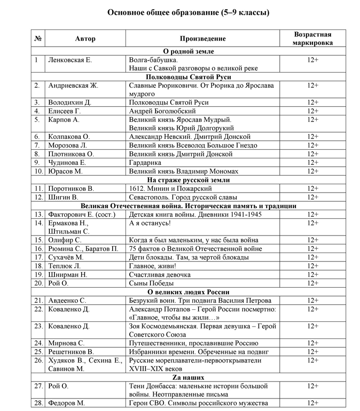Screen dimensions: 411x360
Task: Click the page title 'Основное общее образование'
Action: pyautogui.click(x=188, y=12)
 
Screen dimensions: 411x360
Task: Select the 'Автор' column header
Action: pyautogui.click(x=85, y=39)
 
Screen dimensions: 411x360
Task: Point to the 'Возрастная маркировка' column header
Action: pyautogui.click(x=312, y=38)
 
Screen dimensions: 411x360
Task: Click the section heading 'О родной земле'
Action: pyautogui.click(x=188, y=51)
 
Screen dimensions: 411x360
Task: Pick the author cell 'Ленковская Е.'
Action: pyautogui.click(x=70, y=60)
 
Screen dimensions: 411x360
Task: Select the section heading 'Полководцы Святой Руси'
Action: pyautogui.click(x=188, y=77)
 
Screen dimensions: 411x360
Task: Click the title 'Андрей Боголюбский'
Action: pyautogui.click(x=162, y=111)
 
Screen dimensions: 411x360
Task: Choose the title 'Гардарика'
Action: pyautogui.click(x=145, y=163)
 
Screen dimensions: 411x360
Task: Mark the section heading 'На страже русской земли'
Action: pyautogui.click(x=188, y=180)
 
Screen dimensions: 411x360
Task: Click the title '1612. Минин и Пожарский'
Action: pyautogui.click(x=170, y=188)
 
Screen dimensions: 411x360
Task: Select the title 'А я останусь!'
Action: pyautogui.click(x=150, y=223)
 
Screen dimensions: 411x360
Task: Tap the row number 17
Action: pyautogui.click(x=38, y=257)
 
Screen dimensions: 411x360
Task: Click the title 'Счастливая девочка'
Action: pyautogui.click(x=160, y=274)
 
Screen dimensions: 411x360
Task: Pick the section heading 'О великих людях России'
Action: pyautogui.click(x=188, y=292)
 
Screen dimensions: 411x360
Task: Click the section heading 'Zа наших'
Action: pyautogui.click(x=188, y=377)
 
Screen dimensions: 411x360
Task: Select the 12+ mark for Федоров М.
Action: pyautogui.click(x=312, y=403)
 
